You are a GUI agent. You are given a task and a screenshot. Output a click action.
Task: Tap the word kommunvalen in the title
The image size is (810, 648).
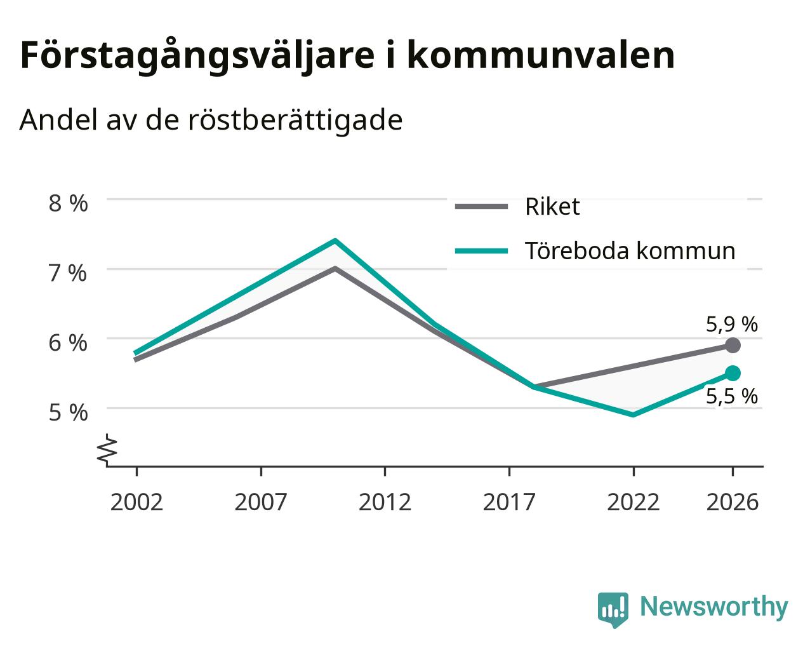(541, 55)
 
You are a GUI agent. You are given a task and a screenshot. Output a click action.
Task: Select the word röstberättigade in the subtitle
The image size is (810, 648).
(295, 120)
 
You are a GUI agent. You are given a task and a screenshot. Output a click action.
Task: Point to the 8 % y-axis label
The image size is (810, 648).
(68, 203)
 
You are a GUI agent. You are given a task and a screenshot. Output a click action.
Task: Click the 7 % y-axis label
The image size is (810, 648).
(68, 273)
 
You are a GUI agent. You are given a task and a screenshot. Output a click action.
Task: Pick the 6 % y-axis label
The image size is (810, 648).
(68, 343)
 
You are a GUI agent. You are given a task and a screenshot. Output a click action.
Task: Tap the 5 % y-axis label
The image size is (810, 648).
(68, 412)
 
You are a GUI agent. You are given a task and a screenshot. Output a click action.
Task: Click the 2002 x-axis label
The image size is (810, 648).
(136, 502)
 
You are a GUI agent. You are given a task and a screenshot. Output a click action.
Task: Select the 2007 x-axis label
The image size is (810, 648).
(261, 502)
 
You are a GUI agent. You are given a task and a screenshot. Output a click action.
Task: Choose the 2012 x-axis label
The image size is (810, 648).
(385, 502)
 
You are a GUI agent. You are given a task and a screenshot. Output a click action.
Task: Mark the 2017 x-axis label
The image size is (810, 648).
(509, 502)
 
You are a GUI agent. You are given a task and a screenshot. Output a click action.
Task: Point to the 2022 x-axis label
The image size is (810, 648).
(634, 502)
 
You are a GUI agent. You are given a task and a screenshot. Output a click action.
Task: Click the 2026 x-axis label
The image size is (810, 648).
(733, 502)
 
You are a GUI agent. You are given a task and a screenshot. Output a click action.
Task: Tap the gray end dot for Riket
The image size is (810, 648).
(733, 345)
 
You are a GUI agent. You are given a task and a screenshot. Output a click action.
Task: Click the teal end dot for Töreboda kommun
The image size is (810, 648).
(733, 374)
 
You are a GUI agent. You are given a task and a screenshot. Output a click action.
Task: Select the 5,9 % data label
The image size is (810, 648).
(732, 325)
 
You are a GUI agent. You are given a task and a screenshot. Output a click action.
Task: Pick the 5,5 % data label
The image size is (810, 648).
(732, 396)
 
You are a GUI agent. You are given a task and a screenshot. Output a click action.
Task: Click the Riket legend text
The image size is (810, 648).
(552, 206)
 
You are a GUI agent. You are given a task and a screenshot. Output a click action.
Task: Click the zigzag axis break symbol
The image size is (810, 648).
(107, 449)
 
